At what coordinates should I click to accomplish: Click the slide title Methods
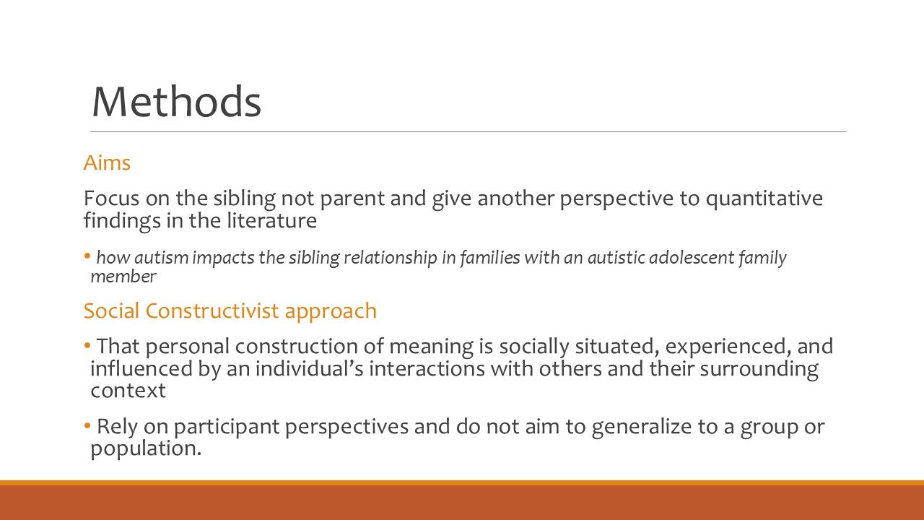click(x=176, y=101)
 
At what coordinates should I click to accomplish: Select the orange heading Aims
click(x=107, y=163)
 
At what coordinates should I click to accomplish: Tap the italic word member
click(x=123, y=276)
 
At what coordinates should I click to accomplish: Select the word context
click(x=128, y=391)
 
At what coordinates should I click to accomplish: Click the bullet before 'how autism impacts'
click(x=88, y=255)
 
